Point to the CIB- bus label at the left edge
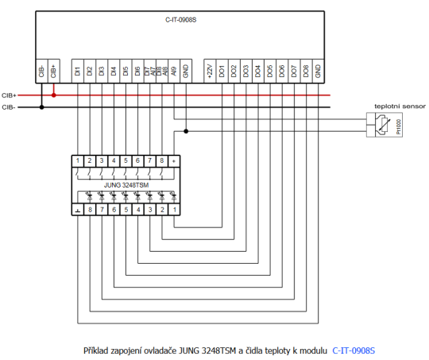click(x=10, y=106)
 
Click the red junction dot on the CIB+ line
click(x=54, y=95)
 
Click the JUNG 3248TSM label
click(x=126, y=184)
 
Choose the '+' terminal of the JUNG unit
click(x=173, y=161)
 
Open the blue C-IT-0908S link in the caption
click(x=354, y=350)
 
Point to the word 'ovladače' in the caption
click(x=160, y=350)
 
